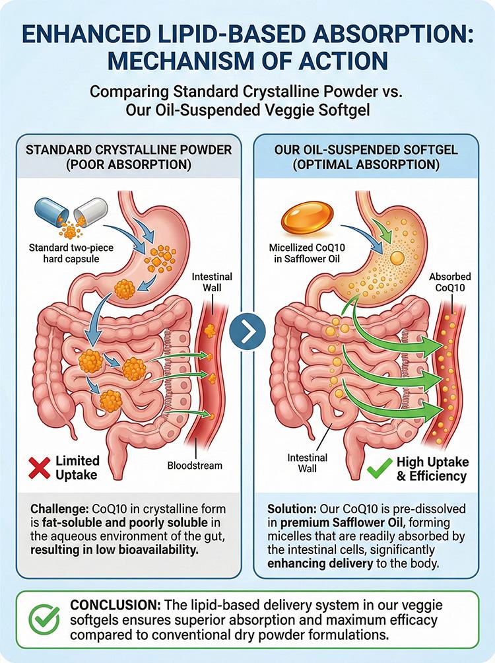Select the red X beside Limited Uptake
pos(40,468)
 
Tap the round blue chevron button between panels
pos(247,331)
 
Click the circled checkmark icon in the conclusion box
pos(44,620)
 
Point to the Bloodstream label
pos(195,466)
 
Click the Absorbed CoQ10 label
pos(449,282)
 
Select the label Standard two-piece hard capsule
pos(71,253)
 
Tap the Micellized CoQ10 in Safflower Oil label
pos(307,253)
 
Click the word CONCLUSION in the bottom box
pos(115,605)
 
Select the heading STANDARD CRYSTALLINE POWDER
pos(129,150)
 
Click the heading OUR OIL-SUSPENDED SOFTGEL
pos(366,150)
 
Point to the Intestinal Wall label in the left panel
pos(212,282)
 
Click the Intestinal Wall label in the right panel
pos(308,463)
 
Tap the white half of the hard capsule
pos(90,213)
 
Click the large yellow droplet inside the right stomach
pos(397,257)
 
